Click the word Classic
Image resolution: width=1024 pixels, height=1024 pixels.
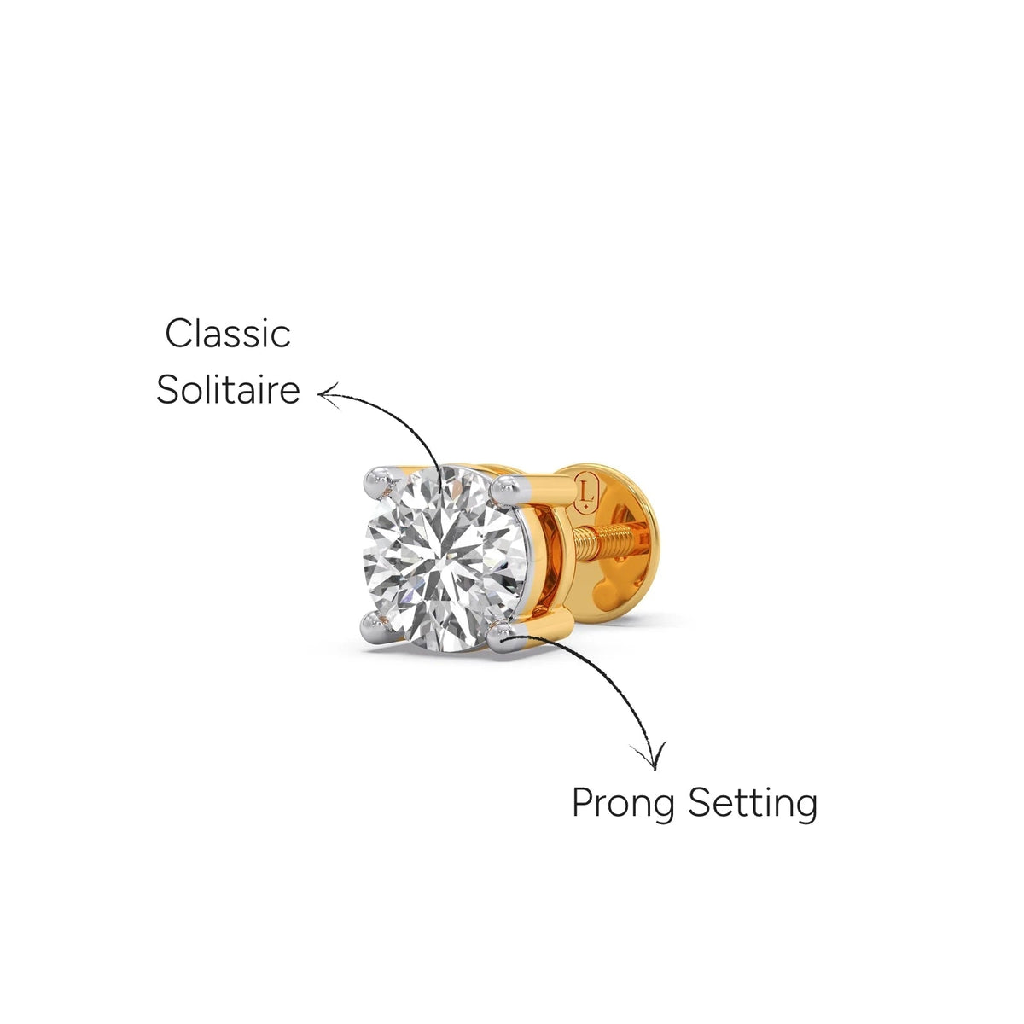pyautogui.click(x=228, y=334)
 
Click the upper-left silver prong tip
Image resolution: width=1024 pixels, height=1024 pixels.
pyautogui.click(x=379, y=482)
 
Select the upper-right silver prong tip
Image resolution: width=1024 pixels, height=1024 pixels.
pyautogui.click(x=505, y=489)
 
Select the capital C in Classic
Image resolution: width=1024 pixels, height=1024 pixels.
pyautogui.click(x=178, y=334)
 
